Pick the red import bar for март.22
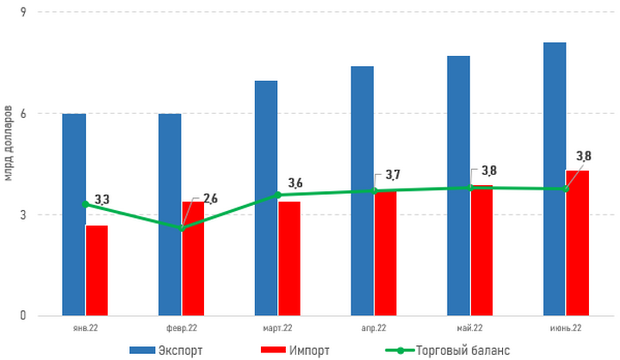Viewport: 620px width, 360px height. tap(288, 258)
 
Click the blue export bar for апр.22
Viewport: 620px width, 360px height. tap(362, 190)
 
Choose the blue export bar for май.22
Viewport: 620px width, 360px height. tap(458, 185)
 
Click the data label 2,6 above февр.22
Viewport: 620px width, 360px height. tap(209, 199)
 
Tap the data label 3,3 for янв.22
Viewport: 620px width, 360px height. tap(101, 200)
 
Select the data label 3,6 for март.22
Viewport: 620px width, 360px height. tap(295, 183)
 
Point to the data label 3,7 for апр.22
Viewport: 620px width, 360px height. tap(392, 175)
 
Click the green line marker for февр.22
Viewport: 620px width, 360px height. tap(182, 227)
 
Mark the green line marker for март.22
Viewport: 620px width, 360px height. tap(278, 195)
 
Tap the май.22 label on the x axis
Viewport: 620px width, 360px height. tap(469, 328)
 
